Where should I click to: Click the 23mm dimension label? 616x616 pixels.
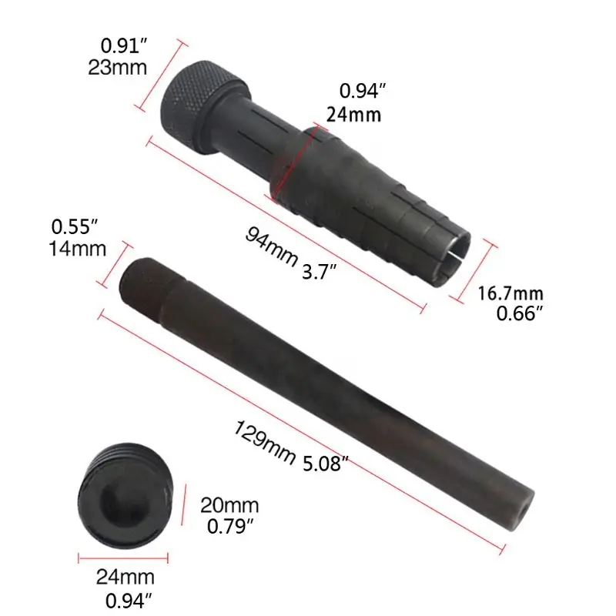118,67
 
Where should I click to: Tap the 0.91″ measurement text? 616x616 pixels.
124,45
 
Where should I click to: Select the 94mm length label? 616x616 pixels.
271,246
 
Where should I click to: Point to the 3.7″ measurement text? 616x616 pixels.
319,272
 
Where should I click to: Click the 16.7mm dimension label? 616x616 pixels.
511,293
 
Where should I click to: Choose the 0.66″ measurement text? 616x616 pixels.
519,313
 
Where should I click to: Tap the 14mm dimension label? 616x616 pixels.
78,249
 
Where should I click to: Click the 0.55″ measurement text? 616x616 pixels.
74,226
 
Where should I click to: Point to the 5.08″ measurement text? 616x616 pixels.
326,464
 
